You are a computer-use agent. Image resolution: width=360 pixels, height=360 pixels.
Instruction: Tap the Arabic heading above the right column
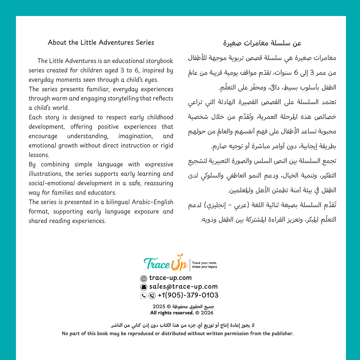point(262,43)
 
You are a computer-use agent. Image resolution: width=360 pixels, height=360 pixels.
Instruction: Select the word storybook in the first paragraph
point(160,61)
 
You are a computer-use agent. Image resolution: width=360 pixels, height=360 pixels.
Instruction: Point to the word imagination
point(135,136)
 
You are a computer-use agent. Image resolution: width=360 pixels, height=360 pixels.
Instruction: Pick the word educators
point(102,193)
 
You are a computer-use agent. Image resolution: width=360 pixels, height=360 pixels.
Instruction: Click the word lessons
point(39,155)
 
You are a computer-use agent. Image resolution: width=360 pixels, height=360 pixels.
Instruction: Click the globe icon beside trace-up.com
point(144,279)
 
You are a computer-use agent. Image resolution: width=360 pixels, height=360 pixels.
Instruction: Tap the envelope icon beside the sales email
point(144,287)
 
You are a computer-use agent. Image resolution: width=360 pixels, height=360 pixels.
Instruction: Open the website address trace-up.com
point(170,278)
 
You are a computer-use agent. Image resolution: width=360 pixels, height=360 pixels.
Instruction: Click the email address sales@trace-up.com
point(183,287)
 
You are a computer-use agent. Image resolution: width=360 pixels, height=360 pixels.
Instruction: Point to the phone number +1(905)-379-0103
point(188,295)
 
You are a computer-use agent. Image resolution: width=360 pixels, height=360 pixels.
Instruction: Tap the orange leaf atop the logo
point(180,256)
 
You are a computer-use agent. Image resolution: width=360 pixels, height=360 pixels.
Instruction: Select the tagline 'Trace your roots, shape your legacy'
point(204,265)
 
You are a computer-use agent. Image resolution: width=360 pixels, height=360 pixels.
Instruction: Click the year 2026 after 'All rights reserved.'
point(207,313)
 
